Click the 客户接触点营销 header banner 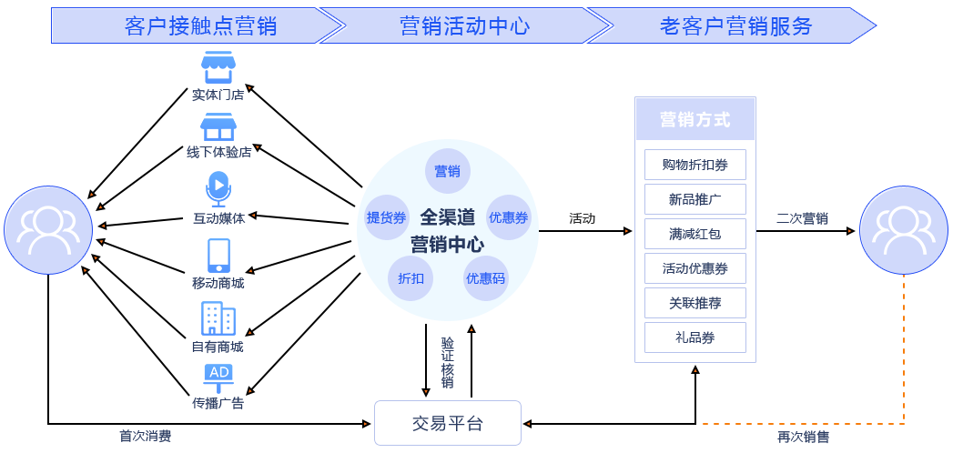point(191,25)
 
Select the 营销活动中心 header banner point(464,25)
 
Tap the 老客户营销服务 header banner point(735,25)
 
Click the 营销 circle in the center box point(447,171)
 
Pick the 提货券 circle point(386,217)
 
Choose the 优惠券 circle point(508,217)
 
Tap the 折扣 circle point(411,278)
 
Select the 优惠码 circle point(485,278)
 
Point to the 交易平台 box point(448,423)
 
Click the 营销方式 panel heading point(694,119)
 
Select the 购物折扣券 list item point(694,165)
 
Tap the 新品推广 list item point(694,199)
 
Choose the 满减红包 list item point(694,234)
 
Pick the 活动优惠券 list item point(694,268)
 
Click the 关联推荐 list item point(694,303)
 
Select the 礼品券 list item point(694,337)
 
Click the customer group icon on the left point(47,230)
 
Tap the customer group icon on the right point(904,230)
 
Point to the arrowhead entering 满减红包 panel point(628,232)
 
